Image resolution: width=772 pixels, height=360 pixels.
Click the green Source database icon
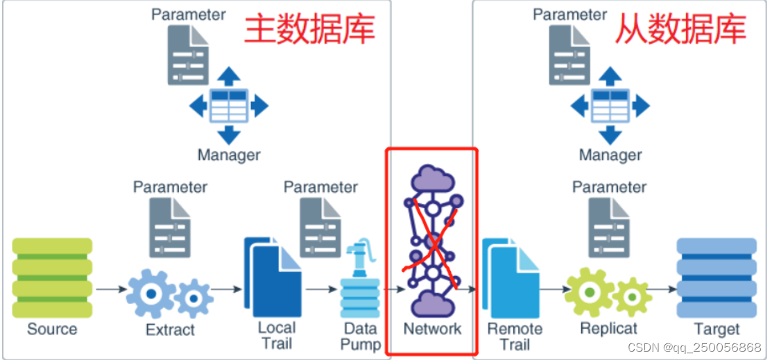click(x=52, y=277)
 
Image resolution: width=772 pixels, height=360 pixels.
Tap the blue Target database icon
click(x=717, y=277)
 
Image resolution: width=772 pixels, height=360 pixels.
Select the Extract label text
click(x=170, y=330)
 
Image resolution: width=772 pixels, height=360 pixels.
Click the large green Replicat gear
click(x=589, y=291)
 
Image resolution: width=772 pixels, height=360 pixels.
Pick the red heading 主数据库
click(x=309, y=29)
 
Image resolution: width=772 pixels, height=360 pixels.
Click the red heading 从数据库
click(x=680, y=29)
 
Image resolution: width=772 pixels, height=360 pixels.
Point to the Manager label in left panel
click(x=229, y=155)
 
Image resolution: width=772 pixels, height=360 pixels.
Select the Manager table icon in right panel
click(x=610, y=106)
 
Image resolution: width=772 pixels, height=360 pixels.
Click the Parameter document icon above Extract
click(x=170, y=228)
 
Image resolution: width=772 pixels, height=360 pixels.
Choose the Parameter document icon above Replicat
click(x=609, y=228)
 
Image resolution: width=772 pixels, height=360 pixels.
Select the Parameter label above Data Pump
click(x=320, y=187)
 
